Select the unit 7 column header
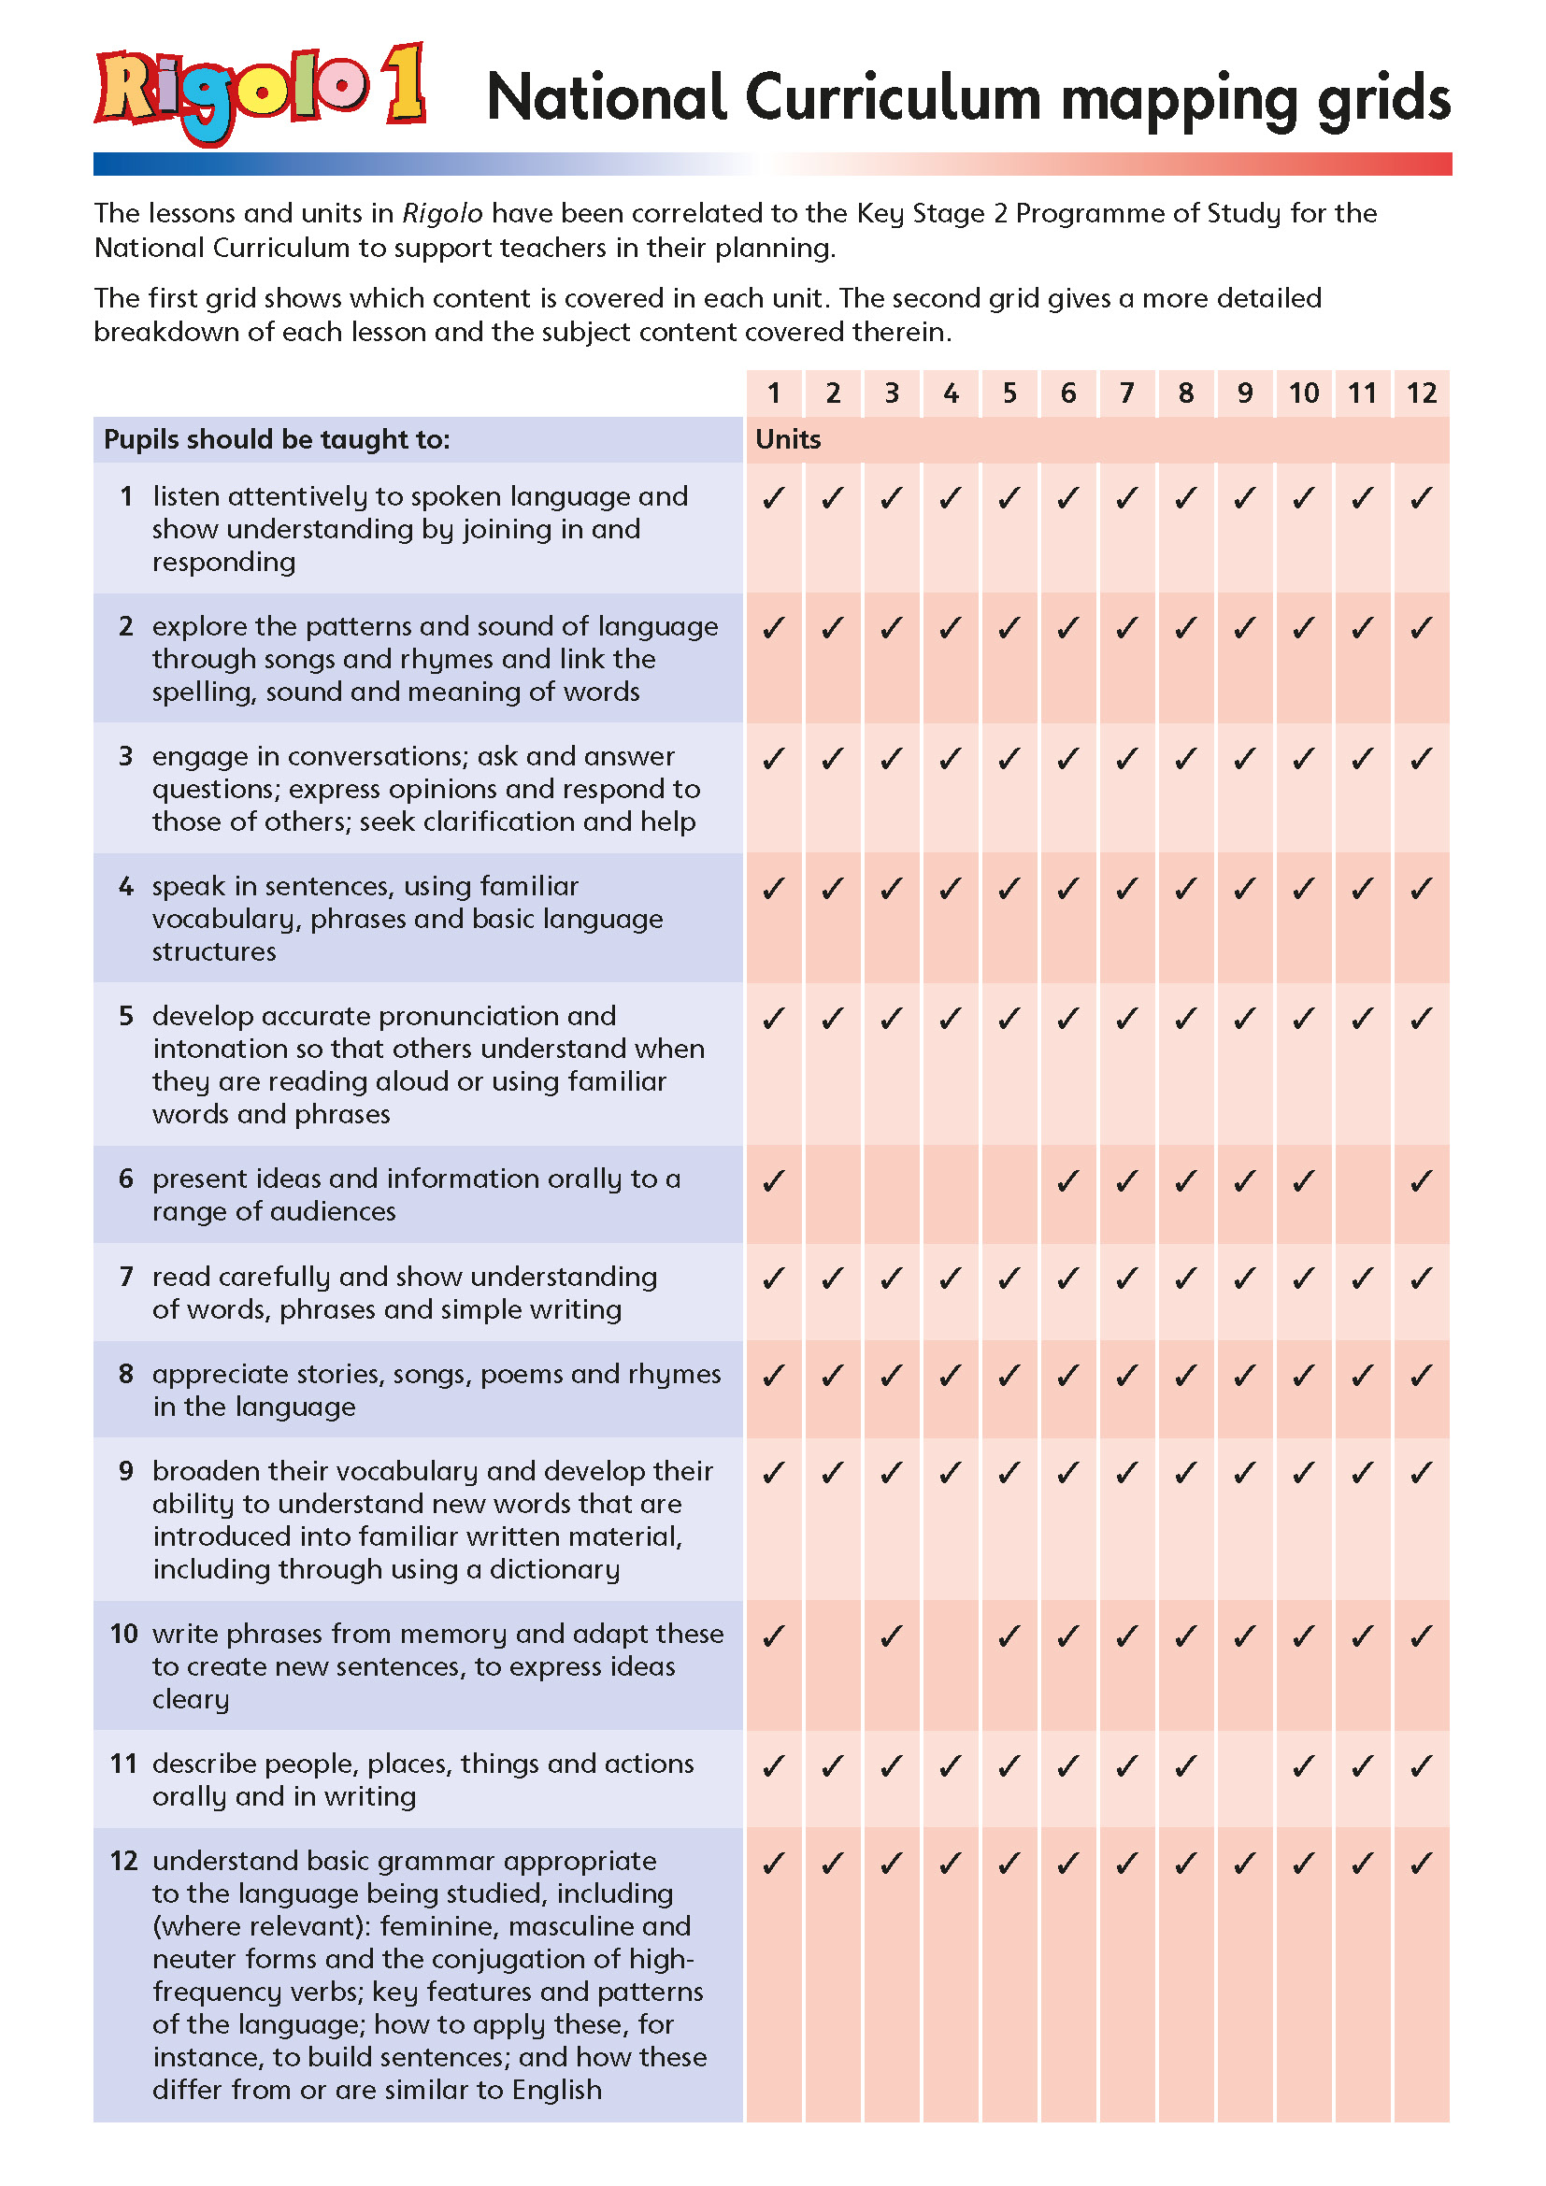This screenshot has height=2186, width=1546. (1127, 393)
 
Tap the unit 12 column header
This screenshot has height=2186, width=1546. (1422, 393)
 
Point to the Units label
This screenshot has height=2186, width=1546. (787, 440)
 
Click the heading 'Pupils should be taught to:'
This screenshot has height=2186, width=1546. (276, 440)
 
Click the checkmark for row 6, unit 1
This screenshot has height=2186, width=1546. (774, 1181)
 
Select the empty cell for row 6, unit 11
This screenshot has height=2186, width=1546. (1362, 1193)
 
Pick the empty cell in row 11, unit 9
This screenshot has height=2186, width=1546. (1245, 1778)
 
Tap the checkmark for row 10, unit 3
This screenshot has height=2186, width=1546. (891, 1636)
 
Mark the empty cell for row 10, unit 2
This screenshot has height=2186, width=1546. (833, 1665)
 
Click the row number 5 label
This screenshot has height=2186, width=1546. (125, 1016)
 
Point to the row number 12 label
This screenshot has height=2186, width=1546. (123, 1861)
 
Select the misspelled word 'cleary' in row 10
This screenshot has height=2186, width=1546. (191, 1699)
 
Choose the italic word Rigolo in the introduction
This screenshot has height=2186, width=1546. (442, 213)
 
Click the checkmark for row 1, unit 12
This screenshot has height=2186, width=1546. (1422, 498)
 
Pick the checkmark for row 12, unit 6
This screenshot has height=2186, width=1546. (1068, 1863)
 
